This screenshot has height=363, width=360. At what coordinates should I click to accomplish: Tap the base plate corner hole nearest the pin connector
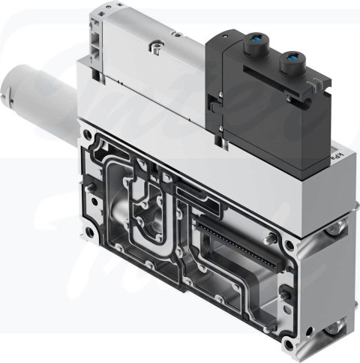tap(289, 245)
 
